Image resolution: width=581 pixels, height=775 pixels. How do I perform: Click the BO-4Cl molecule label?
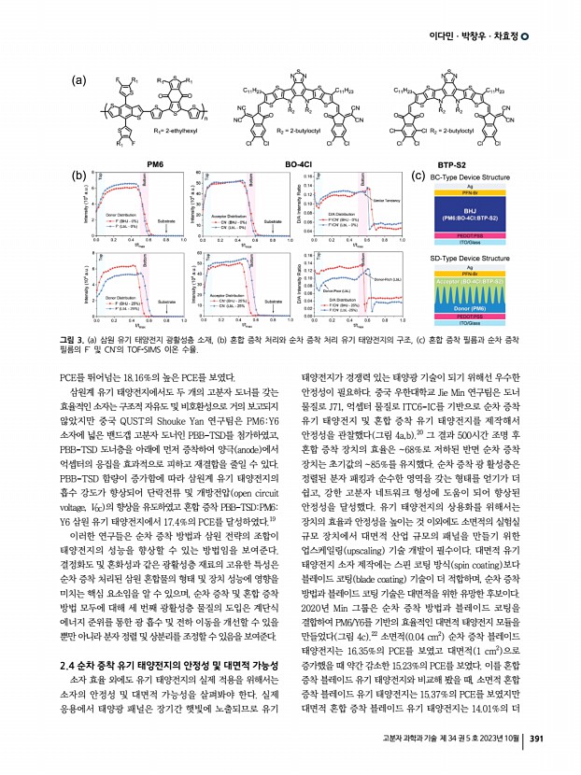pos(299,164)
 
